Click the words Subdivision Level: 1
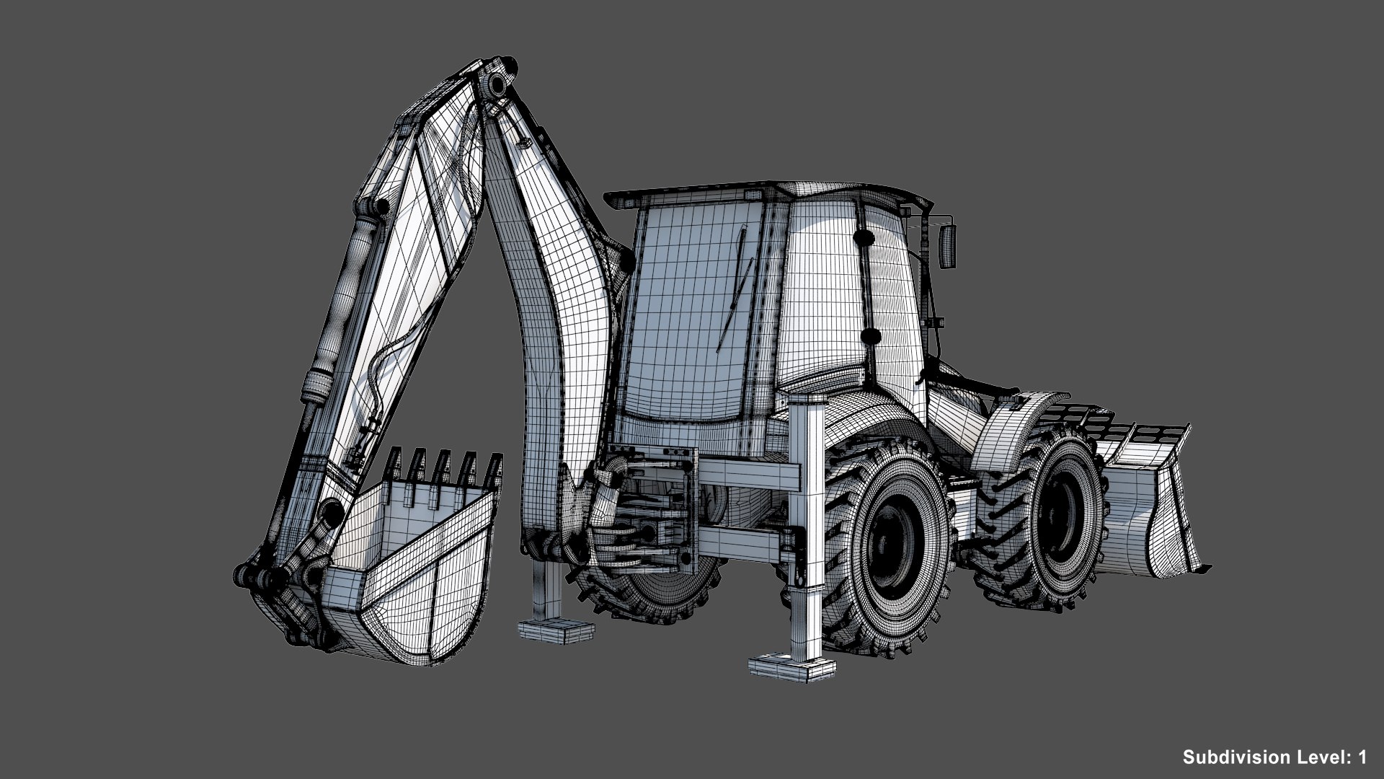click(x=1274, y=757)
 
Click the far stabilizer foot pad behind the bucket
click(x=558, y=632)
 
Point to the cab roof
click(x=764, y=193)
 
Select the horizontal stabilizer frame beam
click(x=750, y=476)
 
